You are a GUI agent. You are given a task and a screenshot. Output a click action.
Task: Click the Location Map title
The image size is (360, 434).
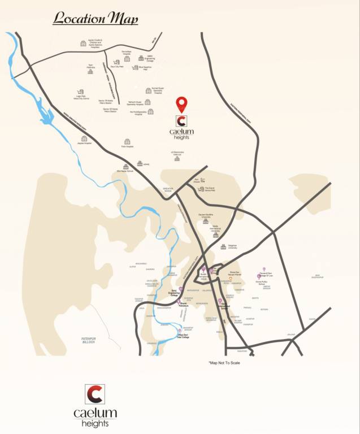[x=95, y=18]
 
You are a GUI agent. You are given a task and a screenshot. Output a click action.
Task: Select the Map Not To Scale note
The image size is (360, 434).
[x=224, y=363]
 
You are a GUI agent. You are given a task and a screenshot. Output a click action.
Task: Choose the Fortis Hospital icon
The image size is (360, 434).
[x=127, y=141]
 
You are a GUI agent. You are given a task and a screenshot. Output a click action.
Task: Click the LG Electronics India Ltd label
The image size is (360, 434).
[x=177, y=153]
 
